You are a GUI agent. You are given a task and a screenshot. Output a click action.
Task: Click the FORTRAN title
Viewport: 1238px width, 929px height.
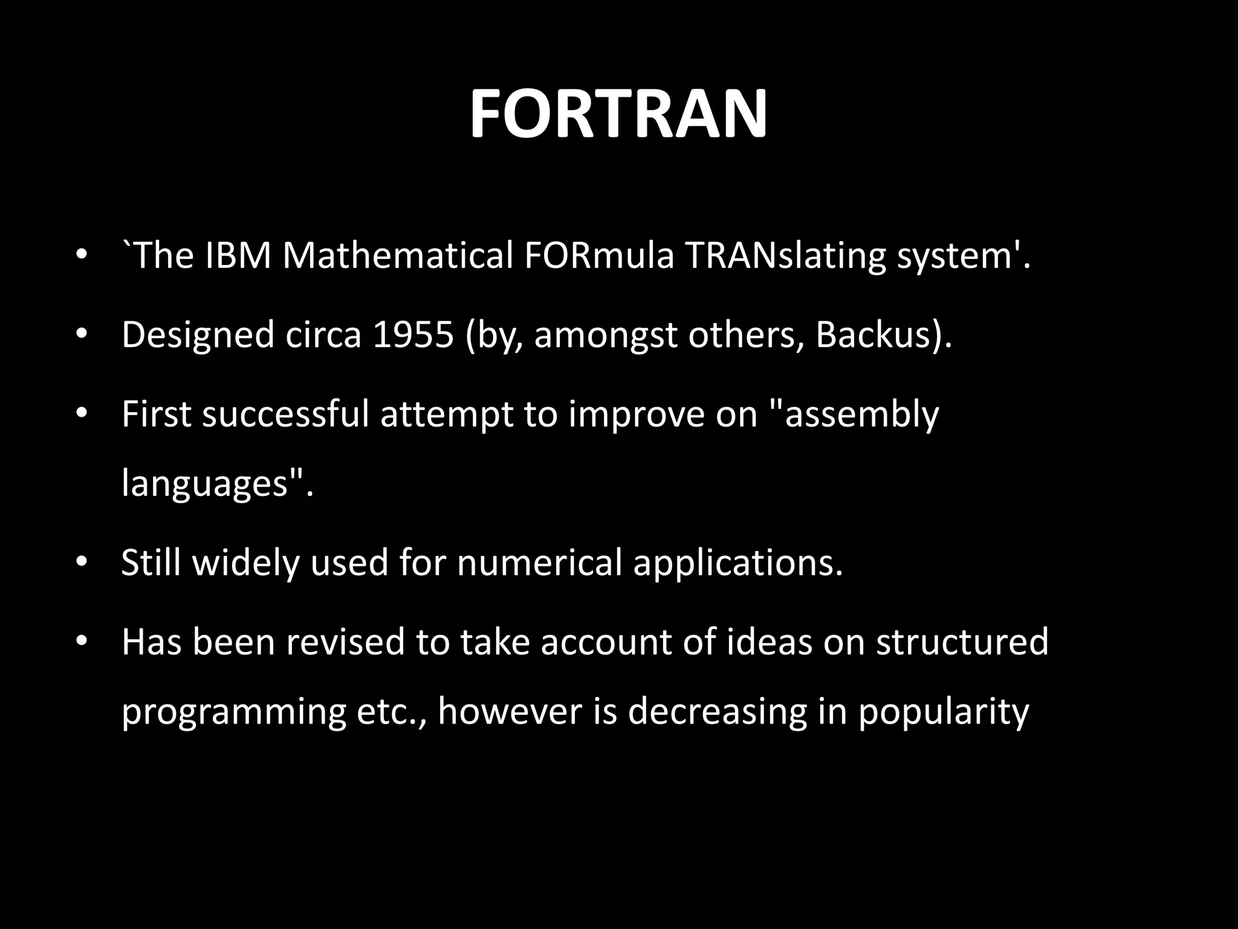coord(618,114)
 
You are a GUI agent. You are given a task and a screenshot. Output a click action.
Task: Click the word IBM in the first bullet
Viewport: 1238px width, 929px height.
coord(238,255)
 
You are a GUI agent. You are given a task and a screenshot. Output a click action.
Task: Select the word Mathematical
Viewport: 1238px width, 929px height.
coord(398,255)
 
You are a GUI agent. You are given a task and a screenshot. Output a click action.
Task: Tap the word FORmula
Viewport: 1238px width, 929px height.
coord(598,255)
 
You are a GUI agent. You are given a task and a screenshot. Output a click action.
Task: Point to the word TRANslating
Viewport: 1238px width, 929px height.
coord(785,256)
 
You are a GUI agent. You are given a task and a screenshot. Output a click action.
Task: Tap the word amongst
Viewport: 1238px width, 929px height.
coord(605,336)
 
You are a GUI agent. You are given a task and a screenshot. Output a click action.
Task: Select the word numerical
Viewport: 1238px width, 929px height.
coord(539,562)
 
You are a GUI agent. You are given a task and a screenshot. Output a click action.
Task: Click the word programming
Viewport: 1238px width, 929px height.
coord(233,712)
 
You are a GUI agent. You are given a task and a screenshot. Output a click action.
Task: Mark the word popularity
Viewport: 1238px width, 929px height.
coord(943,712)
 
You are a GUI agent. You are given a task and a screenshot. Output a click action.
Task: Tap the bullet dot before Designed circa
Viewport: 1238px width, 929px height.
coord(82,334)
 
